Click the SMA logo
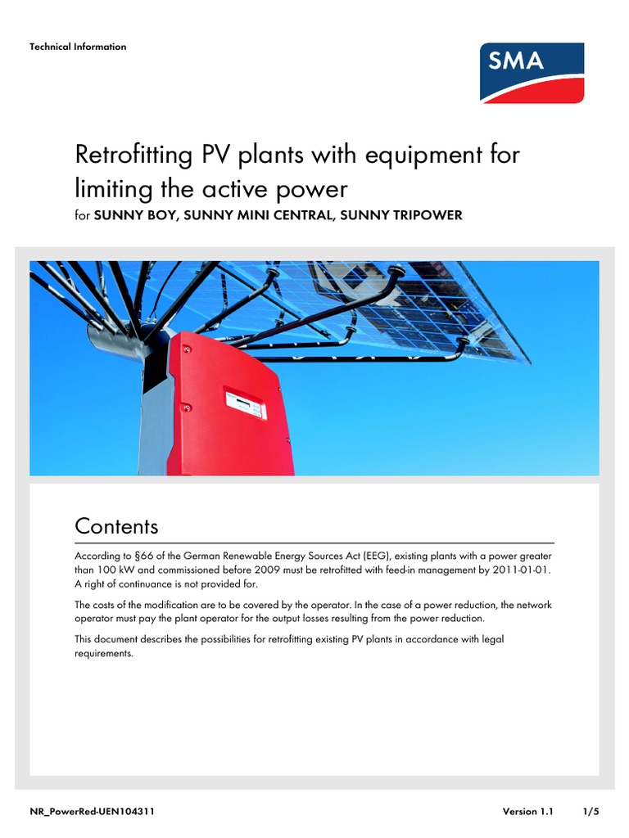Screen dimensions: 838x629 (x=532, y=73)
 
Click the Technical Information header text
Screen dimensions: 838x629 (x=78, y=47)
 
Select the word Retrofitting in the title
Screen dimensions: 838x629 (x=130, y=155)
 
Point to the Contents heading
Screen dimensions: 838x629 (x=116, y=525)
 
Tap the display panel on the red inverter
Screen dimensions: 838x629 (x=246, y=403)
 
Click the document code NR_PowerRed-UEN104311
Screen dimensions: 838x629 (x=93, y=812)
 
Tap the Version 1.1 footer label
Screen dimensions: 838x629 (x=528, y=812)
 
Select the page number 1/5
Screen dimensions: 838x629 (x=591, y=812)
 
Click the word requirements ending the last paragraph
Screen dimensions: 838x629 (x=103, y=654)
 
